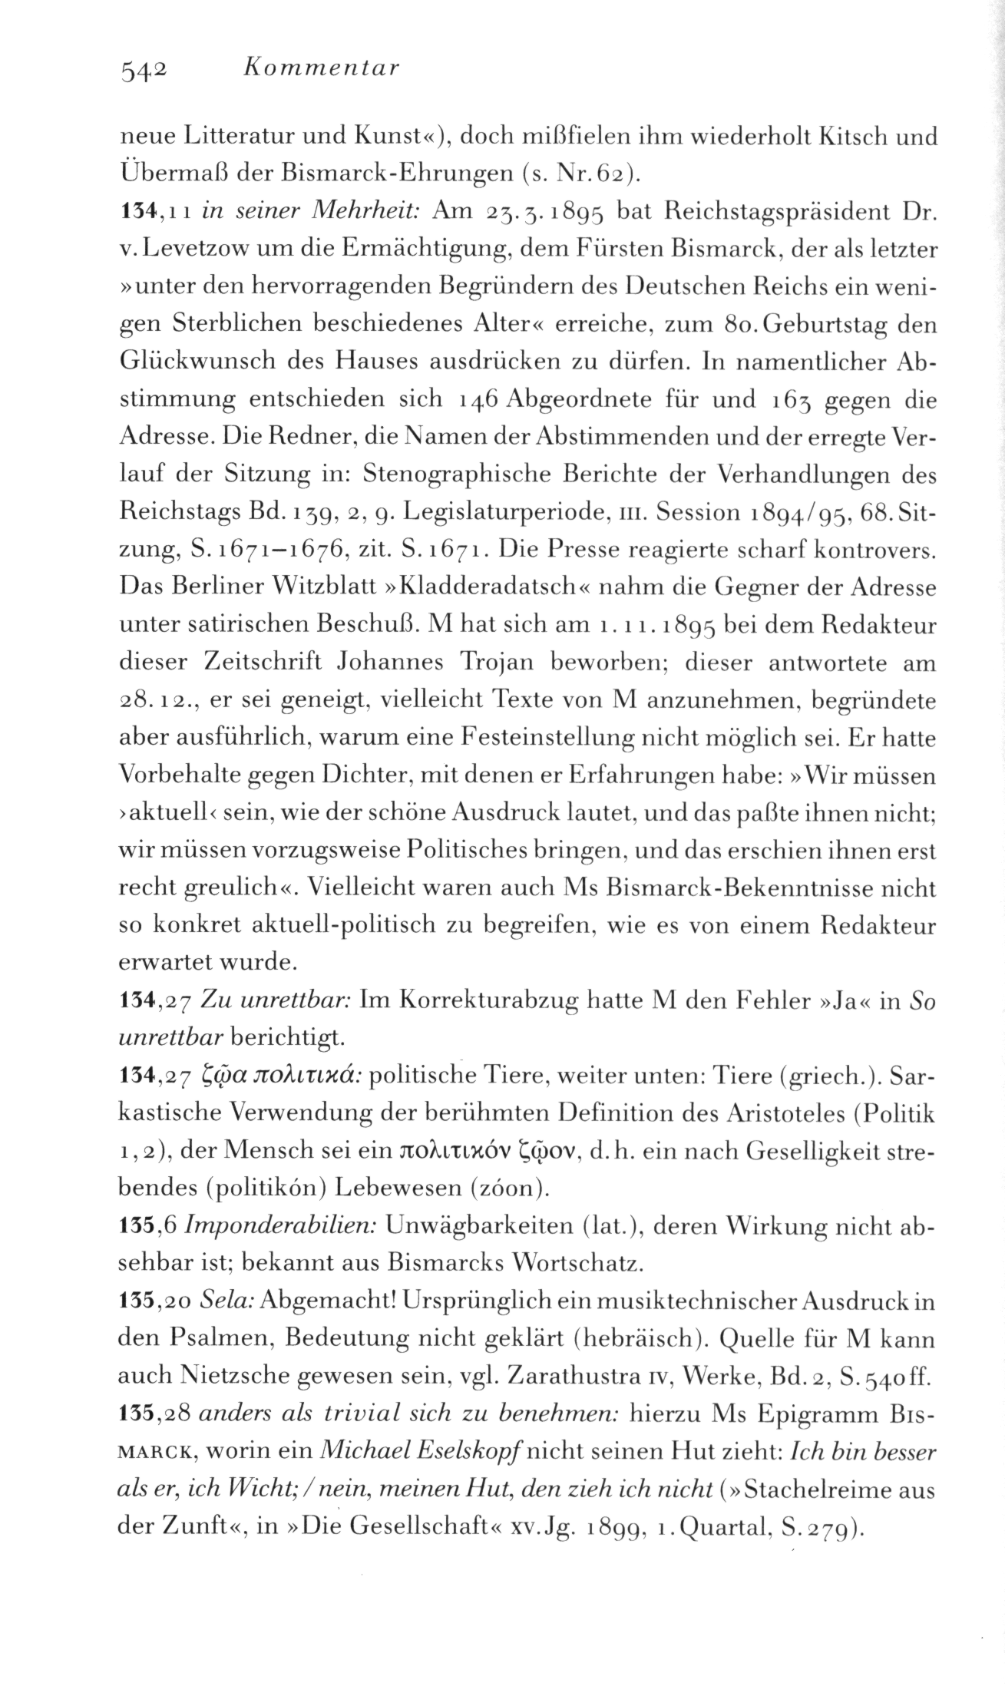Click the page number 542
click(x=143, y=71)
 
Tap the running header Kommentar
click(x=320, y=70)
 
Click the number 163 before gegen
click(x=781, y=400)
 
